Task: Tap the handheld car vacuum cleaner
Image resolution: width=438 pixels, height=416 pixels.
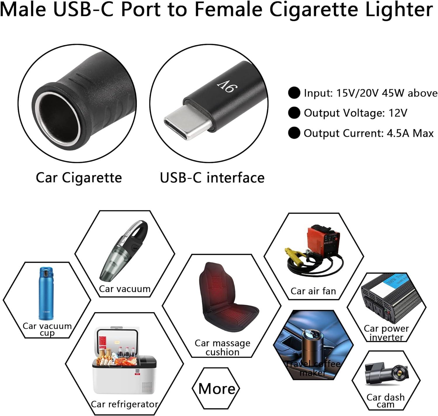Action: pos(124,251)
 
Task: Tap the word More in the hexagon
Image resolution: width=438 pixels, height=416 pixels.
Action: pos(216,389)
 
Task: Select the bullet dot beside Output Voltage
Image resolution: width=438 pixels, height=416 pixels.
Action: pos(294,113)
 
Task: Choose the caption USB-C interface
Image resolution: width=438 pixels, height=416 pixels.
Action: pos(212,177)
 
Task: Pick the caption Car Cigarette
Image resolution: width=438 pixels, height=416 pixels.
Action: pos(79,177)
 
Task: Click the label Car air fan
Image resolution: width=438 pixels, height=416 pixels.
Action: pos(313,291)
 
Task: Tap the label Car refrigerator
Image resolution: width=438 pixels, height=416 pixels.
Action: pos(124,404)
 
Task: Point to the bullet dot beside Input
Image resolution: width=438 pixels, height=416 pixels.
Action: pos(294,93)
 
